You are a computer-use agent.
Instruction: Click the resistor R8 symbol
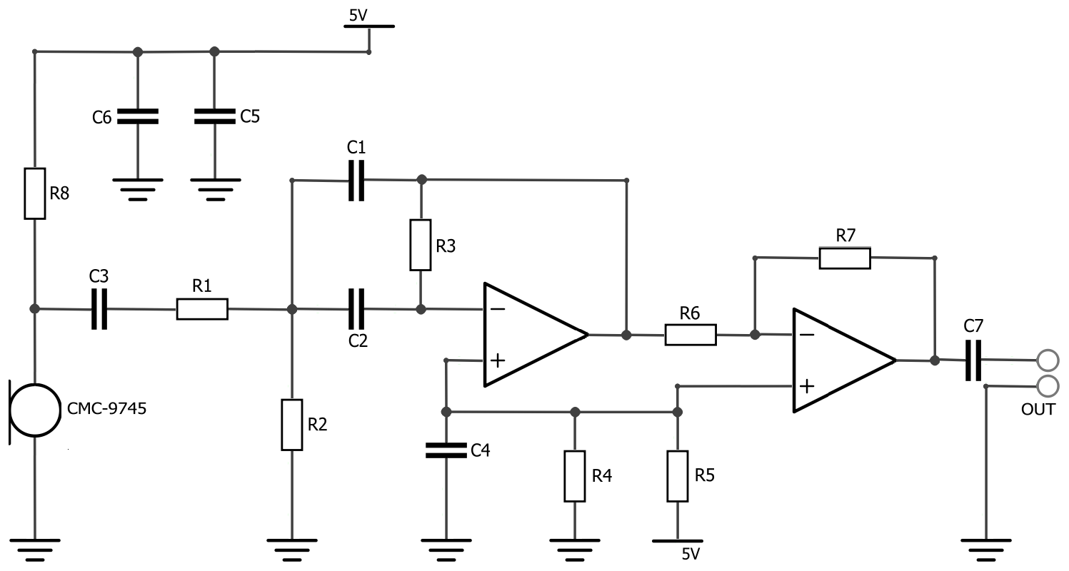coord(35,193)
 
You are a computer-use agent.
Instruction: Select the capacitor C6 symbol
coord(138,117)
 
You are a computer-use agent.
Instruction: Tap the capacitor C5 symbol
coord(215,117)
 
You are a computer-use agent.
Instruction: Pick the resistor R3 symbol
coord(421,245)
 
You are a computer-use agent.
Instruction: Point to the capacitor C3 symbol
coord(99,309)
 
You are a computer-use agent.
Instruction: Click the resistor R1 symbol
coord(202,309)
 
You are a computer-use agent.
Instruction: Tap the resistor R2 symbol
coord(291,425)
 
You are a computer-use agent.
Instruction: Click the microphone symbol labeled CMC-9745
coord(33,410)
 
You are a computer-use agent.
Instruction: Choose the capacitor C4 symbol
coord(446,450)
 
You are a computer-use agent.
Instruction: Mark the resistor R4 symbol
coord(575,476)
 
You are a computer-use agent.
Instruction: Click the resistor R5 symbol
coord(677,476)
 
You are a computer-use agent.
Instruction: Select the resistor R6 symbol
coord(690,335)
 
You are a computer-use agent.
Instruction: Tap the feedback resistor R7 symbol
coord(845,258)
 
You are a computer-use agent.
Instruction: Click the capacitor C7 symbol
coord(973,360)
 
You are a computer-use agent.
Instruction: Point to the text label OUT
coord(1038,410)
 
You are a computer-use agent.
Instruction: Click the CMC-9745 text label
coord(106,410)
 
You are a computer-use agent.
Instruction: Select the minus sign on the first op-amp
coord(498,309)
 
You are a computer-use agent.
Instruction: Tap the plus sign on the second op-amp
coord(806,386)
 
